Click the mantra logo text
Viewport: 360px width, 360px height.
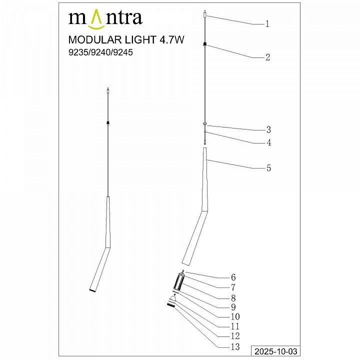(105, 19)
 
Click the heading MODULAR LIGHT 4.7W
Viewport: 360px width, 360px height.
(126, 39)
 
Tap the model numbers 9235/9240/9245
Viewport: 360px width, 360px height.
(100, 52)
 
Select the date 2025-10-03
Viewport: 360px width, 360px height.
(276, 351)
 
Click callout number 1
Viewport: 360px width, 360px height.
(267, 23)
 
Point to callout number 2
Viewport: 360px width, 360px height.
(267, 57)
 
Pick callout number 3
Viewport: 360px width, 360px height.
(268, 129)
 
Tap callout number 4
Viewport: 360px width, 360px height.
(268, 142)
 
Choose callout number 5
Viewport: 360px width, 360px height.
(268, 168)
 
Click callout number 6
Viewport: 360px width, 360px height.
(233, 277)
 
